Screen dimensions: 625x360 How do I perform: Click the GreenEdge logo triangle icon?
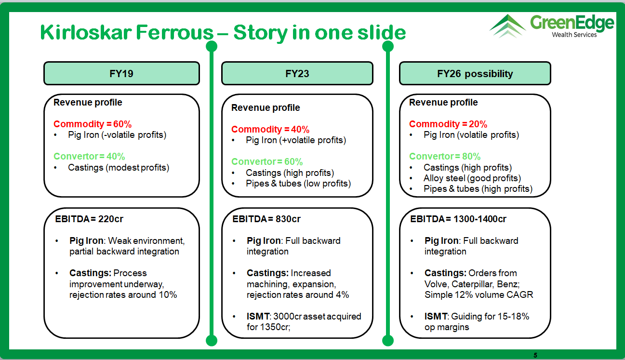pos(507,26)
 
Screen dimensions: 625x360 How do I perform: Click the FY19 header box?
pos(121,73)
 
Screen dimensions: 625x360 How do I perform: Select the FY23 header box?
pos(297,73)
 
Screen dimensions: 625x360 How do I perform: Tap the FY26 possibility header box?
pos(475,73)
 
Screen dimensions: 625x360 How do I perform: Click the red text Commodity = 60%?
pos(93,124)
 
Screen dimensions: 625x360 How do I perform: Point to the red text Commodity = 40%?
pos(270,129)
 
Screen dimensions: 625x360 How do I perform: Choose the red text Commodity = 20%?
pos(448,124)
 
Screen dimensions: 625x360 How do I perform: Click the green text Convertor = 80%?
pos(445,156)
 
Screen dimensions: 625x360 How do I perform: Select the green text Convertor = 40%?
pos(89,156)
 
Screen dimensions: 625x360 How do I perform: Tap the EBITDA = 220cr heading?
pos(89,219)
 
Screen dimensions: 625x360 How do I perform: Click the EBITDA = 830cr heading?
pos(266,219)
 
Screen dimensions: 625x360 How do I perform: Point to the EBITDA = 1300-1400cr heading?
pos(458,219)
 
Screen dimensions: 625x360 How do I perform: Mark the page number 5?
pos(535,355)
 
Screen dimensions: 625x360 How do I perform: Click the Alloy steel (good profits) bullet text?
pos(472,178)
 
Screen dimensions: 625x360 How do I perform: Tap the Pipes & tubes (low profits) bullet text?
pos(298,184)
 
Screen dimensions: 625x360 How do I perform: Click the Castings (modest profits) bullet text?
pos(119,167)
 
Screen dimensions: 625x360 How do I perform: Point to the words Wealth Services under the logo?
pos(574,35)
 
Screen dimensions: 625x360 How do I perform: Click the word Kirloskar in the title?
pos(86,32)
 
